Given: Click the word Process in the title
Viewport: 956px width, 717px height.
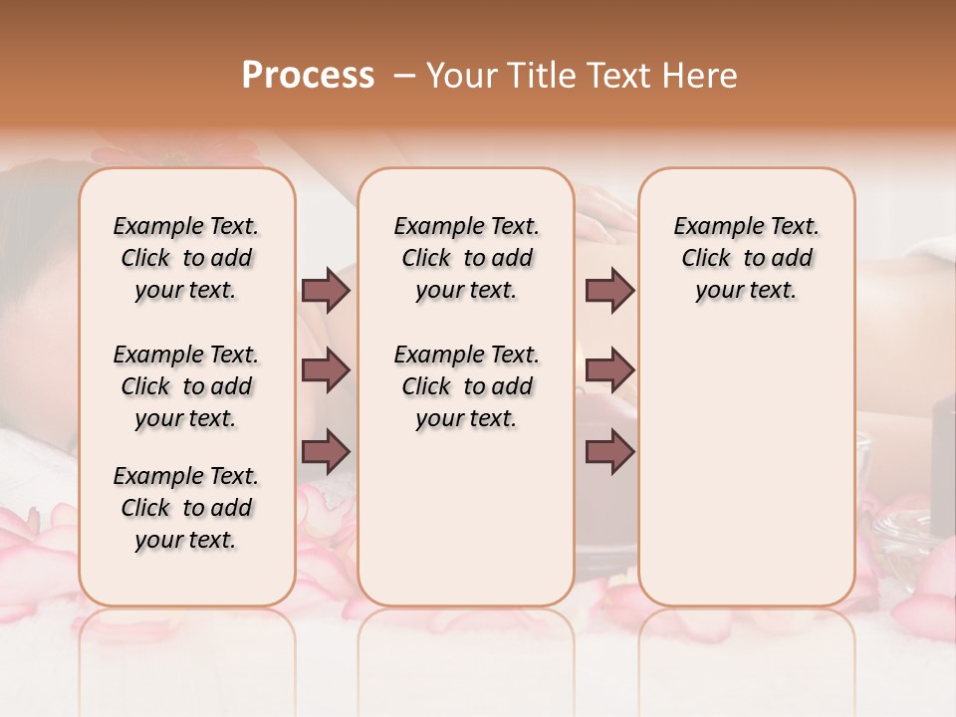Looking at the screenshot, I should click(308, 76).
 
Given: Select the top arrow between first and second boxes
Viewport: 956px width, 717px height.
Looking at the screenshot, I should click(326, 290).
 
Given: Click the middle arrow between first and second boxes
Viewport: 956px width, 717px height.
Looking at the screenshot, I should click(326, 370).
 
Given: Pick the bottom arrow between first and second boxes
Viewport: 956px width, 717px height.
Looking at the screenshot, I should click(326, 451).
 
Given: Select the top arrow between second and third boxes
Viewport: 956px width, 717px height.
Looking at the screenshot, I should click(609, 290).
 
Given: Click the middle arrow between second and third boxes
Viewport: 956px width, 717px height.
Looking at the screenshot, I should click(609, 370).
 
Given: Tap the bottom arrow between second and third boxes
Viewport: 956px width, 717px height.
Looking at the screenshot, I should click(609, 451).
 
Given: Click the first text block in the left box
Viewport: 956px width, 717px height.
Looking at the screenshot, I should click(186, 258).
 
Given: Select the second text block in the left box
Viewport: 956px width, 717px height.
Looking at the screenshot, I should click(186, 386).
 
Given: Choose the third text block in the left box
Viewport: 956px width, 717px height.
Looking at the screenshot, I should click(186, 508).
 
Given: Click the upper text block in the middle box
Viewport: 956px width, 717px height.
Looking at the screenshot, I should click(467, 258).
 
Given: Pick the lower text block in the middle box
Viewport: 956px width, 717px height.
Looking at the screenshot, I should click(467, 386).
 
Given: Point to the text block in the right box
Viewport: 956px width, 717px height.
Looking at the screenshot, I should click(747, 258).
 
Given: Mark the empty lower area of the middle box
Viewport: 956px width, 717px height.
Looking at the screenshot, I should click(466, 518).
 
